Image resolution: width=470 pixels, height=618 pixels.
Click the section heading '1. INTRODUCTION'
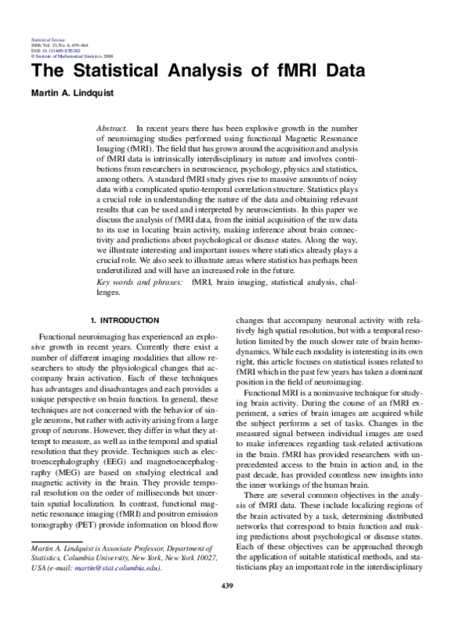point(125,321)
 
